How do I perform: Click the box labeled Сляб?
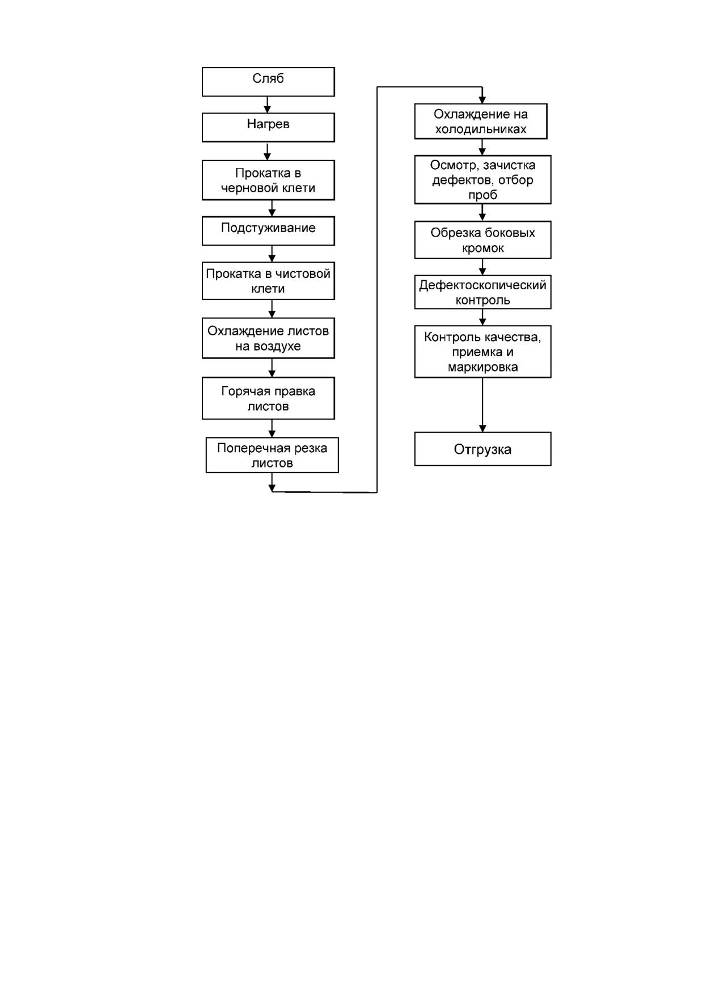268,82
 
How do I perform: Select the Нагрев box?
268,127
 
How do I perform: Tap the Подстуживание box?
268,230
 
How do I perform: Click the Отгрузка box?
482,449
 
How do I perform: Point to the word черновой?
244,188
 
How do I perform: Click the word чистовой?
303,274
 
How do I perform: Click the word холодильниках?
481,129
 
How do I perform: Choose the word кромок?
483,248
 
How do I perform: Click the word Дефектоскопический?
482,285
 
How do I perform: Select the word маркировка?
482,368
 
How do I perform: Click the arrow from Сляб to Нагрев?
268,104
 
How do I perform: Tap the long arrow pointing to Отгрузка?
482,405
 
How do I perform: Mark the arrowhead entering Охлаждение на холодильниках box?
482,100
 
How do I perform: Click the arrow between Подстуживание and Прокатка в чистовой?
272,254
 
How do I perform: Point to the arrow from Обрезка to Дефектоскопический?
482,267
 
